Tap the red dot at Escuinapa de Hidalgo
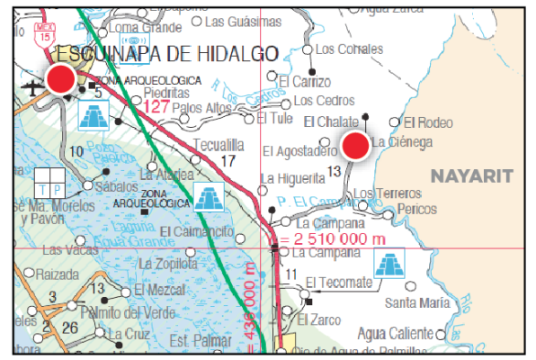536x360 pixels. [x=61, y=79]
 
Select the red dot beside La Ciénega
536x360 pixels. [x=356, y=145]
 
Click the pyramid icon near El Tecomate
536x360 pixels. [x=390, y=265]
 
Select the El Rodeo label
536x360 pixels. [x=428, y=123]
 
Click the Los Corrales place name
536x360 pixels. [x=349, y=49]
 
